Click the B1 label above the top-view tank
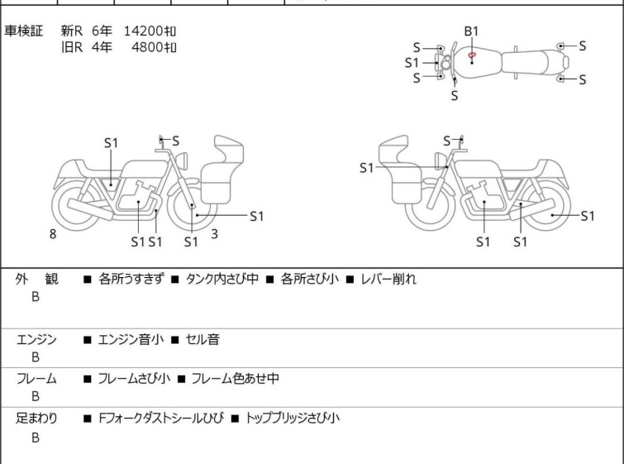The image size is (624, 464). [471, 31]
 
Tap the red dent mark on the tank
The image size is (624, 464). [472, 55]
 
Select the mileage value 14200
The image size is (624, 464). [143, 31]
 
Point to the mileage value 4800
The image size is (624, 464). [147, 47]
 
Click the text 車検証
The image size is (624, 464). [23, 31]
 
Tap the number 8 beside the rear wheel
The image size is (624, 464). [53, 234]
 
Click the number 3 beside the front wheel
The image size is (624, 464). [215, 234]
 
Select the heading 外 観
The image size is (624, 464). [36, 279]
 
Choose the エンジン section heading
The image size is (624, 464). [36, 339]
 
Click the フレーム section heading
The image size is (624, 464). [36, 378]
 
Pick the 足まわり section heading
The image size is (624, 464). [36, 418]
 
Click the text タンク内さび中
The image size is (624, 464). [222, 279]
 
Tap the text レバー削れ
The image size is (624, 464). [388, 279]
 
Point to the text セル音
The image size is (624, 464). [202, 339]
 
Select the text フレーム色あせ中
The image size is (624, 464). [236, 378]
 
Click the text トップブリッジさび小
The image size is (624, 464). [293, 418]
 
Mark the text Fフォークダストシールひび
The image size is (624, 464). [161, 418]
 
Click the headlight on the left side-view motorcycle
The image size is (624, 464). [182, 160]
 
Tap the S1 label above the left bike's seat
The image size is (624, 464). [111, 143]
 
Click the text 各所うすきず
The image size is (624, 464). [131, 279]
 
